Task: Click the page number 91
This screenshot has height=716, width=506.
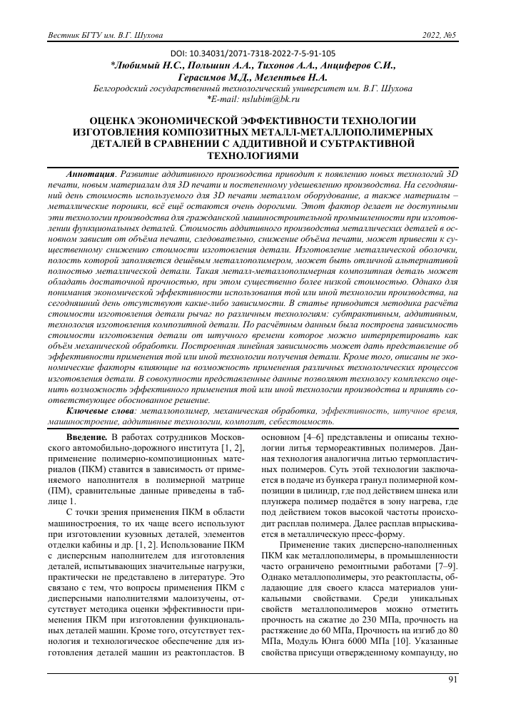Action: [x=452, y=680]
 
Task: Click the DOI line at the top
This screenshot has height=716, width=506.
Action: [x=253, y=53]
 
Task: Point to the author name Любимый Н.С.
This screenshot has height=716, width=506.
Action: [x=148, y=65]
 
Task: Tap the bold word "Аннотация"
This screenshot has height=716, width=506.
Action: [x=90, y=173]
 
